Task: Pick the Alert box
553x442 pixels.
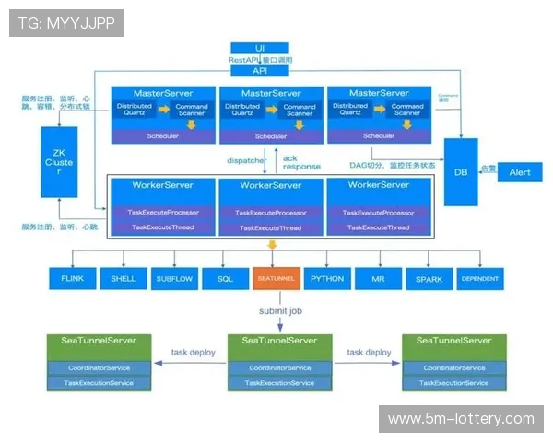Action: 519,172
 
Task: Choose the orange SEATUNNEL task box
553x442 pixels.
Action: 276,278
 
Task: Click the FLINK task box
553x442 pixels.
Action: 72,278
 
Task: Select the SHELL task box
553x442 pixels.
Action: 124,278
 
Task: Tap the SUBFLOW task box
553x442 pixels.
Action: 173,278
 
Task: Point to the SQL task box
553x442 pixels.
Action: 225,278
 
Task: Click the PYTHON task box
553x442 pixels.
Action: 327,278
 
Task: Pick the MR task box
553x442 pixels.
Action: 378,278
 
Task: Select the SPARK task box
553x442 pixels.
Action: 429,278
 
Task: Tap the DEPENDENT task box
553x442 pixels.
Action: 479,278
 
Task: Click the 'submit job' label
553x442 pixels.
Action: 280,310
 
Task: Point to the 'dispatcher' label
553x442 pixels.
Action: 244,159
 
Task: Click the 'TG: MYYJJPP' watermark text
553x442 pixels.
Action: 66,23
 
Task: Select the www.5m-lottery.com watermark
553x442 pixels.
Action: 461,419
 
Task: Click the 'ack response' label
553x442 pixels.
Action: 301,162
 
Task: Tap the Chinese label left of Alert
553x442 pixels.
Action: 488,169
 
